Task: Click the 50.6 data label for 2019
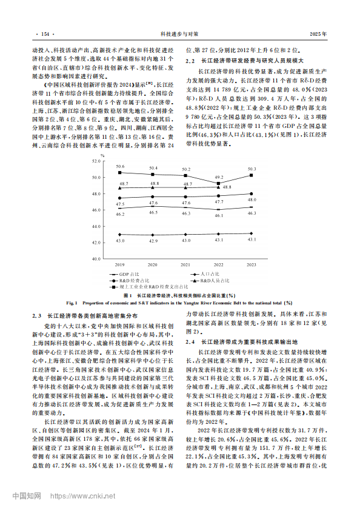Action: point(120,166)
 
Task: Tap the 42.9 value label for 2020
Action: point(153,241)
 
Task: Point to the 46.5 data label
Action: point(153,212)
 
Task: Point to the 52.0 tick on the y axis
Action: point(96,161)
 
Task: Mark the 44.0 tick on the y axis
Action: point(96,226)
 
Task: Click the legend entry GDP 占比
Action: point(128,275)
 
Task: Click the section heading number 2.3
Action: point(36,315)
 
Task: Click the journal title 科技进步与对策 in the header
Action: point(179,35)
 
